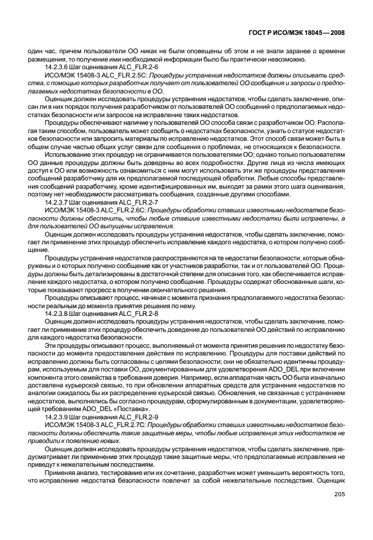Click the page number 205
(x=339, y=494)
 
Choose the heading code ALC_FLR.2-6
(x=136, y=67)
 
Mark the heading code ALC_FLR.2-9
(x=136, y=416)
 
